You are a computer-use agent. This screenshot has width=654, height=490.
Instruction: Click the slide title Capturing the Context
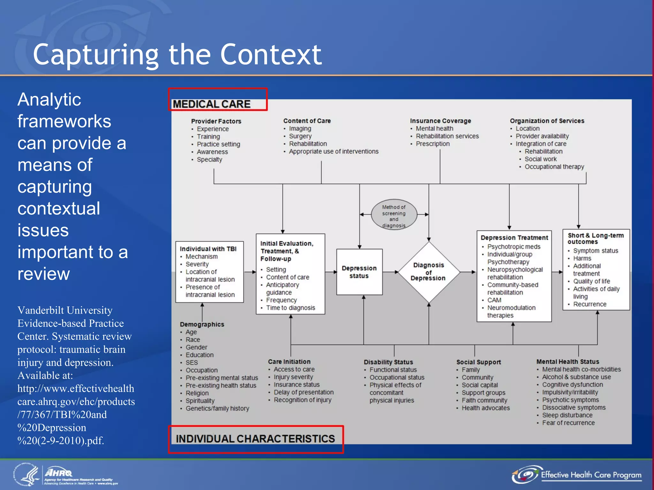coord(177,55)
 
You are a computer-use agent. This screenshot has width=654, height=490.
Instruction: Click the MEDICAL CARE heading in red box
coord(212,104)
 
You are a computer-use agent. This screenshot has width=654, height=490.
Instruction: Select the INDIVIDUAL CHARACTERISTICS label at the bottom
coord(255,439)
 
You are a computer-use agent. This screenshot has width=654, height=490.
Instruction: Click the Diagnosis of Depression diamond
coord(429,272)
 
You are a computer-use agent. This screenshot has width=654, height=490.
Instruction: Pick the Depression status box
coord(359,272)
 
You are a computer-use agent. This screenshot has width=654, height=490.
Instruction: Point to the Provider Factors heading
coord(216,121)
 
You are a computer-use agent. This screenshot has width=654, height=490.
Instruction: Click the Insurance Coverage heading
coord(440,121)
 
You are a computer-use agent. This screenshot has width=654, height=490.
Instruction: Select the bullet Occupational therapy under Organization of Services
coord(554,167)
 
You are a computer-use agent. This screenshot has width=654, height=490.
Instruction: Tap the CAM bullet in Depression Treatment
coord(494,300)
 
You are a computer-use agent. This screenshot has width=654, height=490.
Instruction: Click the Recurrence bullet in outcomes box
coord(589,304)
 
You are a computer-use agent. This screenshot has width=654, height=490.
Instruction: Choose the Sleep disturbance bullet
coord(567,415)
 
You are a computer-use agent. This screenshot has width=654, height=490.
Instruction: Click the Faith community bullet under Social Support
coord(484,400)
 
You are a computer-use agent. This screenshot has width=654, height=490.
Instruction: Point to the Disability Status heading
coord(388,362)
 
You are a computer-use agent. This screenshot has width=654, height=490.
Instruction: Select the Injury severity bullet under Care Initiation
coord(293,377)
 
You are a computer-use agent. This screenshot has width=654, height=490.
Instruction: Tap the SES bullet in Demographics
coord(192,363)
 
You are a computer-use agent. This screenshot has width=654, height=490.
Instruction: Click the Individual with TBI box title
coord(208,249)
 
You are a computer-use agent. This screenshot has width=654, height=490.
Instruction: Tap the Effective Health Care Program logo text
coord(591,475)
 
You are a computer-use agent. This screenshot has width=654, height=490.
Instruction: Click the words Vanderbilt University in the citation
coord(65,310)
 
